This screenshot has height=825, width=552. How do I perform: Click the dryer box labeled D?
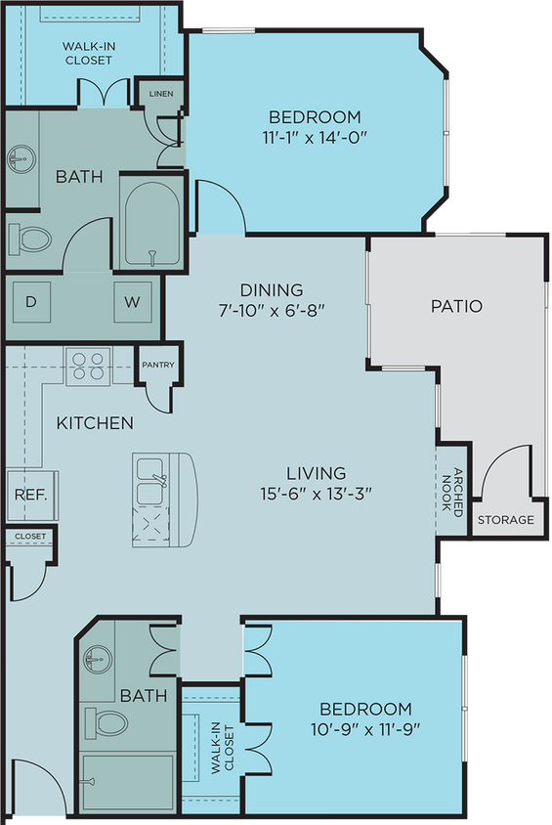tap(31, 302)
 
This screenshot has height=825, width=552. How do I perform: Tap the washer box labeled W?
tap(132, 302)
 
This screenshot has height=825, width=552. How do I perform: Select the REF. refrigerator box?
tap(24, 494)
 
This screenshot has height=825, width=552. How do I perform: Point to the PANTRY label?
tap(157, 366)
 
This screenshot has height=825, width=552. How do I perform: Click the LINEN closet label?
tap(160, 94)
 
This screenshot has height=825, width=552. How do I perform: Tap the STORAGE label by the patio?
tap(505, 519)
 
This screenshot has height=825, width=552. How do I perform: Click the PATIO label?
tap(456, 306)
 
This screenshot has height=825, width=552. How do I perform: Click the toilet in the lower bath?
tap(107, 723)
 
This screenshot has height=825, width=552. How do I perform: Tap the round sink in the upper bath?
tap(20, 160)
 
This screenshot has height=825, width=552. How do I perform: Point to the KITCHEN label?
tap(94, 423)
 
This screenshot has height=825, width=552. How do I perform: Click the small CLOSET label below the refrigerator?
tap(29, 536)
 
